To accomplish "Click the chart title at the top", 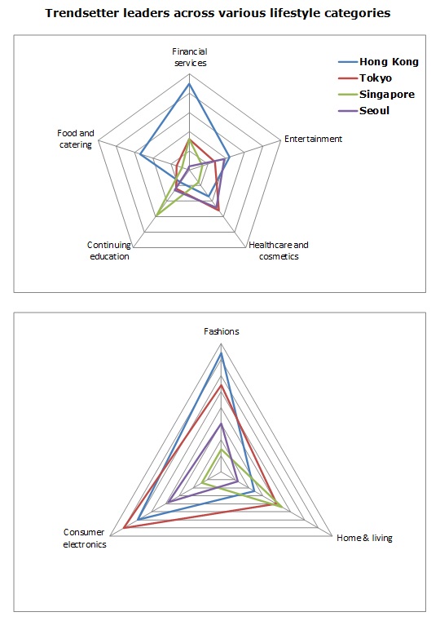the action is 218,13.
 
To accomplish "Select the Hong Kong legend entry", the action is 378,62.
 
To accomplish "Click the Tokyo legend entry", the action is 365,78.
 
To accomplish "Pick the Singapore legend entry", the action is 376,95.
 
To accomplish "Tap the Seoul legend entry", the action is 363,111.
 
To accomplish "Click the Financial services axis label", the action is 190,57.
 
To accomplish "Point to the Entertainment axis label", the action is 313,139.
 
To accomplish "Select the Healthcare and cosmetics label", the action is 279,251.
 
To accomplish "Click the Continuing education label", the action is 109,251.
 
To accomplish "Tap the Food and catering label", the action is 76,139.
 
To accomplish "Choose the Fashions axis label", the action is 222,331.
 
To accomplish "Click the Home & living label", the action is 364,538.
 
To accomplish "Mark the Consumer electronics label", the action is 85,539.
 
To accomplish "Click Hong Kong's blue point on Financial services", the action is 189,84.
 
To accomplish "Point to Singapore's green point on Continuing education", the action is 157,215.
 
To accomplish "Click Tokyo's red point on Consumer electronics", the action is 124,528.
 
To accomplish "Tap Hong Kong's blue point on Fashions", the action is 222,353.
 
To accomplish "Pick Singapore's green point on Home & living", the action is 281,507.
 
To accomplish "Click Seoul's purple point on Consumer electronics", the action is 168,502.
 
